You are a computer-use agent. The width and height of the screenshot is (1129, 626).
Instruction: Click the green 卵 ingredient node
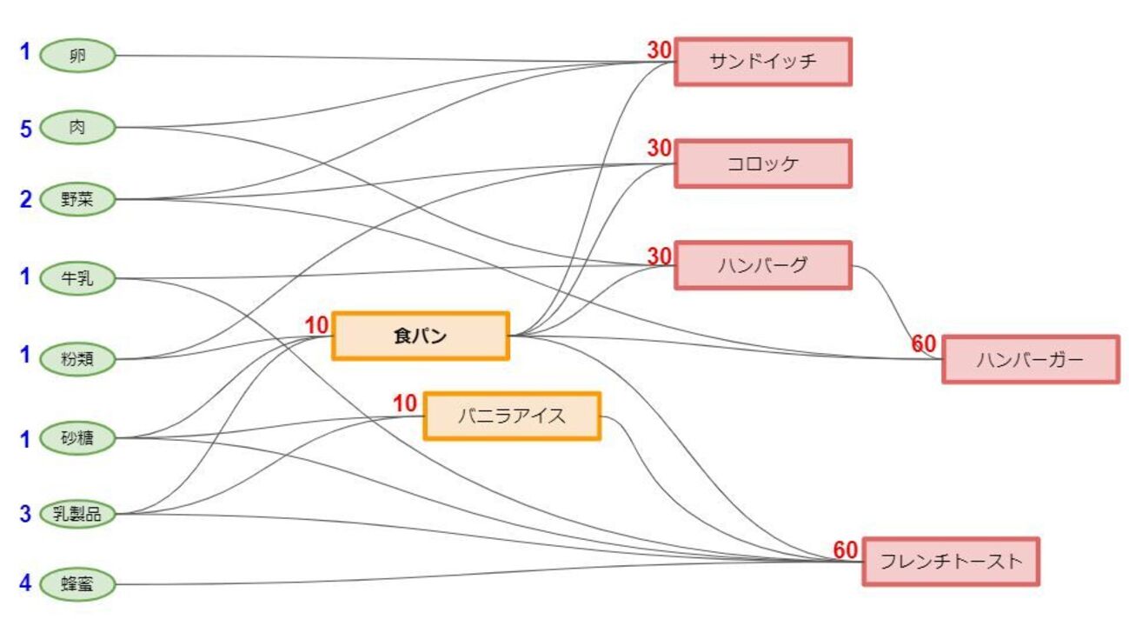[x=77, y=57]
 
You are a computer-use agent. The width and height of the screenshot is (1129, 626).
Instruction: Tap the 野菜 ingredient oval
[x=77, y=200]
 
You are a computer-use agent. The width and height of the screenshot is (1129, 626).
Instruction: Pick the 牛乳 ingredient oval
[x=77, y=279]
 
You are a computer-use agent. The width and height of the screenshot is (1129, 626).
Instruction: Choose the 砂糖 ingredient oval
[x=77, y=438]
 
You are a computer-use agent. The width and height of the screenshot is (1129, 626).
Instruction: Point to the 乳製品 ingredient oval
[x=77, y=514]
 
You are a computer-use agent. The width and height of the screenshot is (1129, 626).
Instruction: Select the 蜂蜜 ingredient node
[x=77, y=583]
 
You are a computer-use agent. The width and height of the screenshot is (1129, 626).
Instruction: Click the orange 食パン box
[x=421, y=336]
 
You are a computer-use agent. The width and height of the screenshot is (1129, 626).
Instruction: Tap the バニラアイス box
[x=512, y=416]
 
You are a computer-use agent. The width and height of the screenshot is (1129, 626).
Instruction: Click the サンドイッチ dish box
[x=762, y=62]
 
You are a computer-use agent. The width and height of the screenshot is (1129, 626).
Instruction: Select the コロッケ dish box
[x=762, y=163]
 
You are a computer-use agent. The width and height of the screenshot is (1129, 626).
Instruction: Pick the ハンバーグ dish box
[x=762, y=265]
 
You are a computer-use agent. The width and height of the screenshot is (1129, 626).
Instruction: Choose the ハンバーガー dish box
[x=1030, y=359]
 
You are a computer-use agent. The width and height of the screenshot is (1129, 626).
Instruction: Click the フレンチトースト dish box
[x=950, y=561]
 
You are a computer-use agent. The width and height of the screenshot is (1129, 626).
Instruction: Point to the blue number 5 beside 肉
[x=25, y=130]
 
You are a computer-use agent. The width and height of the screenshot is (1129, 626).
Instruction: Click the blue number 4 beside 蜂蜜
[x=25, y=583]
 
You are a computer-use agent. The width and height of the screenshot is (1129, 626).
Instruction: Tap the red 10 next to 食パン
[x=317, y=325]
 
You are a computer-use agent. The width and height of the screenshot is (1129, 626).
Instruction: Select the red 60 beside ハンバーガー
[x=923, y=344]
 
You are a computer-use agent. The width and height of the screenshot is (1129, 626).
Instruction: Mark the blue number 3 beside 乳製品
[x=25, y=514]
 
